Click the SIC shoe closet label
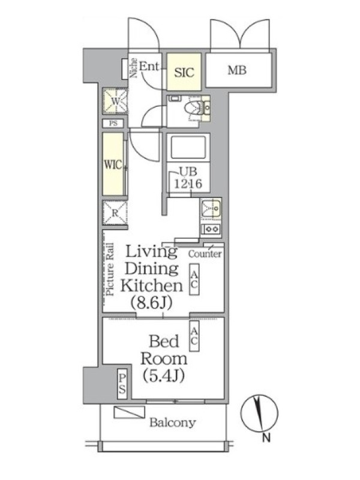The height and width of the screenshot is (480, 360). tap(184, 73)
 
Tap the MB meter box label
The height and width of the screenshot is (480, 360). tap(237, 70)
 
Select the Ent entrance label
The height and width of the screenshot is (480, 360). tap(149, 67)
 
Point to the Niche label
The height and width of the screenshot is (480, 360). tap(133, 68)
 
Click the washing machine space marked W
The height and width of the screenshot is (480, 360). tap(115, 101)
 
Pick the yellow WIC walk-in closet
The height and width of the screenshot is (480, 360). tap(113, 164)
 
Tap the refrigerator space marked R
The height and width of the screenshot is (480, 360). tap(115, 213)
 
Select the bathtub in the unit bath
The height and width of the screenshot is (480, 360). tap(188, 148)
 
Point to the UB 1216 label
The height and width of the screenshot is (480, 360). tap(188, 178)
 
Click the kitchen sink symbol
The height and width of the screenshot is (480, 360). tap(211, 208)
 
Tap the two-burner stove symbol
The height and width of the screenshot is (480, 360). tap(211, 229)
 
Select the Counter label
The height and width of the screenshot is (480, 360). tap(205, 254)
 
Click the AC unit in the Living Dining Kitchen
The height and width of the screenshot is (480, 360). tap(194, 279)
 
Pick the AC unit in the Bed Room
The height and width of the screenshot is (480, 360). tap(194, 336)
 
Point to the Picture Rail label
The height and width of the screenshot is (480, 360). tap(110, 269)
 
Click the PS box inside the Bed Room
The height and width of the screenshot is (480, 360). tap(122, 384)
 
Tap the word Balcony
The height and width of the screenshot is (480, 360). tap(173, 423)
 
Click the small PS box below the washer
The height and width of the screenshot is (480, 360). tap(113, 124)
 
